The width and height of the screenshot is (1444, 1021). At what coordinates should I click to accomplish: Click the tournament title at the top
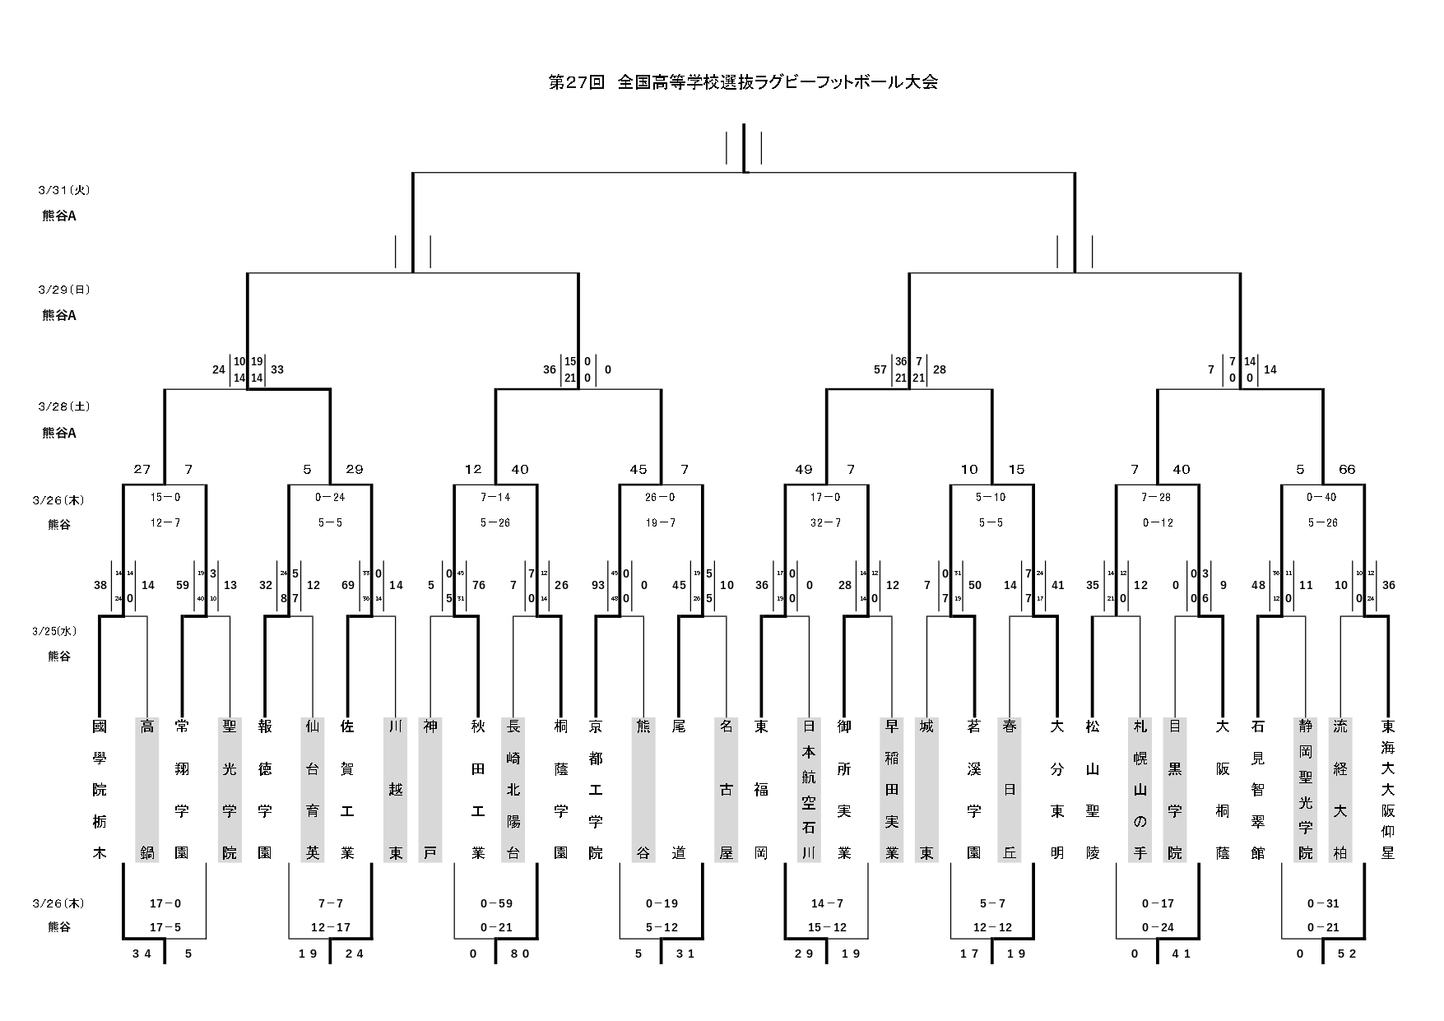743,82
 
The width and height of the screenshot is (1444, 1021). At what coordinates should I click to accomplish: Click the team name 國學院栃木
100,790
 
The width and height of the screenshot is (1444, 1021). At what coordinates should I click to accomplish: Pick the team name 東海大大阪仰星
1388,790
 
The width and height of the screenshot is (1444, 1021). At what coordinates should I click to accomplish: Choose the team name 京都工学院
596,790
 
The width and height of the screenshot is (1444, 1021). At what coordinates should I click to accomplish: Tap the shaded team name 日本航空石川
809,790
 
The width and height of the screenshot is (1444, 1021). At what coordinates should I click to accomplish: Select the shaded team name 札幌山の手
1140,790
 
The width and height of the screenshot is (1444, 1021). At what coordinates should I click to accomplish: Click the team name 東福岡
761,790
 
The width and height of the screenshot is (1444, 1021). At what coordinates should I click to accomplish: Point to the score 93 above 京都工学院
597,586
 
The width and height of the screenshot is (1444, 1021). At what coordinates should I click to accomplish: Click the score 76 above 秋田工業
479,586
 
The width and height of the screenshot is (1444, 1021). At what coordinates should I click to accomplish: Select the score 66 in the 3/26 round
1347,470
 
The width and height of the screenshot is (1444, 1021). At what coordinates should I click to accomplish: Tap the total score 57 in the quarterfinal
880,369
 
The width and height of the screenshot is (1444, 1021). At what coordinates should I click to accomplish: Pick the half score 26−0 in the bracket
661,498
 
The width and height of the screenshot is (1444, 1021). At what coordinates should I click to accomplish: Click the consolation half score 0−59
496,903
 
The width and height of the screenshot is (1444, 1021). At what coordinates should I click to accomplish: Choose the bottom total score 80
520,954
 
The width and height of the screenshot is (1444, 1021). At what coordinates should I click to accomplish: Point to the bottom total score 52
1347,954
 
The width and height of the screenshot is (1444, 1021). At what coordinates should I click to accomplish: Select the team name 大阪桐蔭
1223,790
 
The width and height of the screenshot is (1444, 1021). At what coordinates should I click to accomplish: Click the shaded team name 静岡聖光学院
1306,790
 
